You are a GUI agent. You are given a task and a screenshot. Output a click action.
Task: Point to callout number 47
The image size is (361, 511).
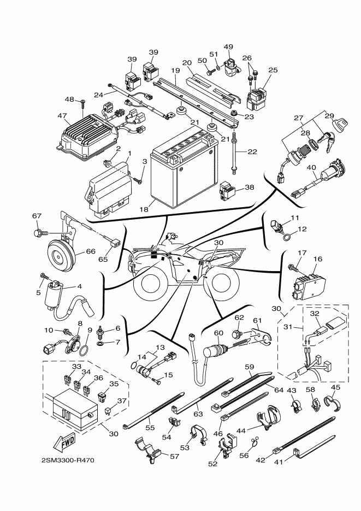[62, 115]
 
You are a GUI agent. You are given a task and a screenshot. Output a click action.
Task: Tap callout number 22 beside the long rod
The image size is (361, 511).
[252, 151]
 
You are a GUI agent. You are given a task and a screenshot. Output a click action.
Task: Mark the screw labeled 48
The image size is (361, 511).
[82, 104]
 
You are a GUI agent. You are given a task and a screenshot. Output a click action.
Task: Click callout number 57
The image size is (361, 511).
[175, 456]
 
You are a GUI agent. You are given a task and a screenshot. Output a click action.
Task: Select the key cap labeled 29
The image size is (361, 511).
[338, 125]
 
